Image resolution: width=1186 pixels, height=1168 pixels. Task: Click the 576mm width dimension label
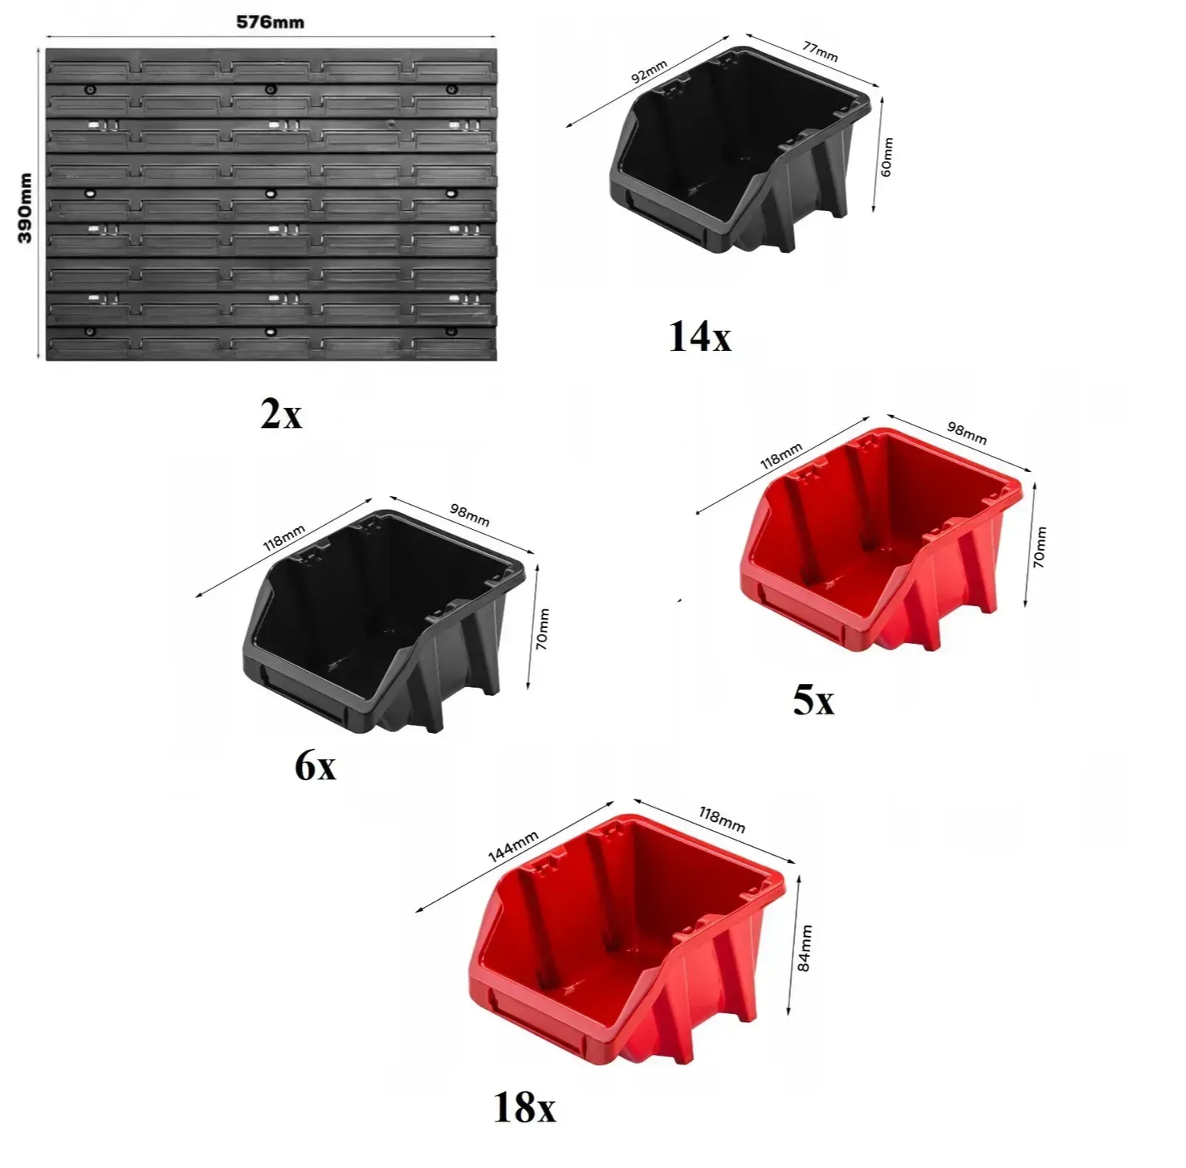pyautogui.click(x=271, y=22)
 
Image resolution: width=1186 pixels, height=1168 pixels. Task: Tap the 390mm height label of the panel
pyautogui.click(x=25, y=208)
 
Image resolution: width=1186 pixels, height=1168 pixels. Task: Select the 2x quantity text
pyautogui.click(x=281, y=414)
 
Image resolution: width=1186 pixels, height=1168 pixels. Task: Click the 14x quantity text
pyautogui.click(x=699, y=337)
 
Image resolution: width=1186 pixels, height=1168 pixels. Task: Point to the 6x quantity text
pyautogui.click(x=316, y=766)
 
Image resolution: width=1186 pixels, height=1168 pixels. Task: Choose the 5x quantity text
pyautogui.click(x=813, y=701)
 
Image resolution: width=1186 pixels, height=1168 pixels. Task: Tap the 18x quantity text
pyautogui.click(x=524, y=1109)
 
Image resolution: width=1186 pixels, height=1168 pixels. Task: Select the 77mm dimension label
pyautogui.click(x=820, y=51)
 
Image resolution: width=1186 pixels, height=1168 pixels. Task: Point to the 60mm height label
pyautogui.click(x=886, y=157)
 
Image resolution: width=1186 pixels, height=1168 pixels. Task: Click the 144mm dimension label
pyautogui.click(x=513, y=846)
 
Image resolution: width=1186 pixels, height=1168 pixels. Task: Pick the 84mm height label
pyautogui.click(x=805, y=948)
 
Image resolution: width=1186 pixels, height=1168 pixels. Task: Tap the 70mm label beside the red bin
pyautogui.click(x=1039, y=547)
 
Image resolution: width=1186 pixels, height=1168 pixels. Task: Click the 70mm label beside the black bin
pyautogui.click(x=543, y=629)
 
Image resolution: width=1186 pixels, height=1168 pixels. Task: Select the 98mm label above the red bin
pyautogui.click(x=967, y=433)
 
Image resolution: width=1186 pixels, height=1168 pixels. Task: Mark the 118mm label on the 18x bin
pyautogui.click(x=722, y=820)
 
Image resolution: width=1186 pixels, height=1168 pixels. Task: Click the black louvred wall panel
pyautogui.click(x=271, y=205)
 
